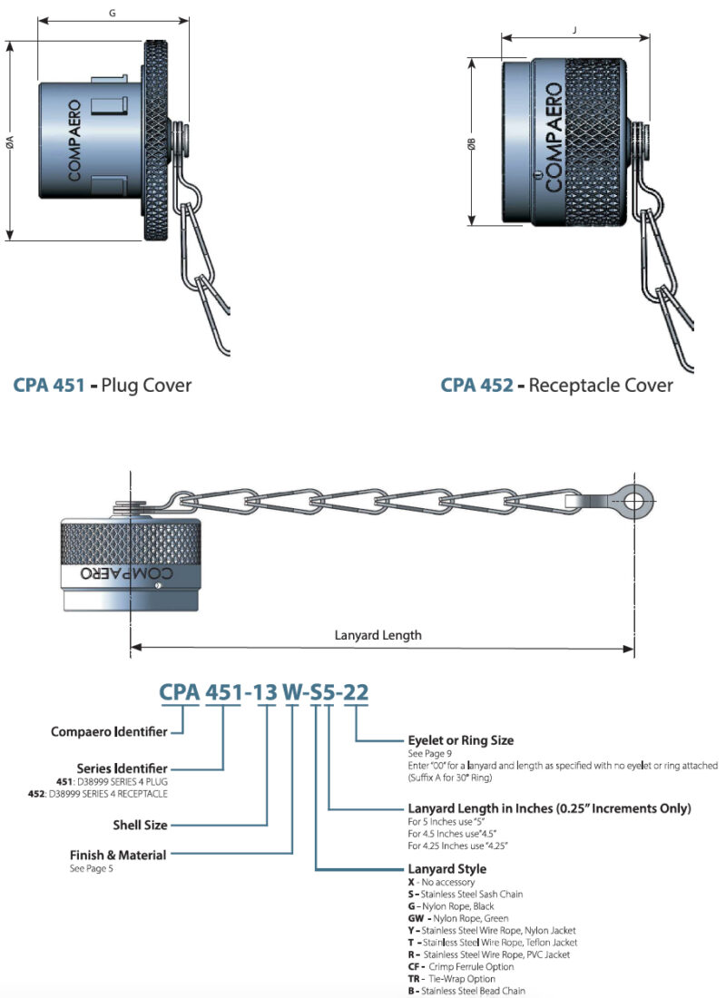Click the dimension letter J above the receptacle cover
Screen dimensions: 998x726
tap(575, 29)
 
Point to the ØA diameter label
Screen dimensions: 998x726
tap(9, 141)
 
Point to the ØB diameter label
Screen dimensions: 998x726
tap(471, 145)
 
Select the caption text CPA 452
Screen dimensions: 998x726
tap(477, 385)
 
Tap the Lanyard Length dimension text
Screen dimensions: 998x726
tap(378, 635)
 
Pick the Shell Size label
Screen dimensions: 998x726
tap(138, 825)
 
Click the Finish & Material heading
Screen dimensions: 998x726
tap(118, 855)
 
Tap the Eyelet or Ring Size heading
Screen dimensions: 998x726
tap(462, 740)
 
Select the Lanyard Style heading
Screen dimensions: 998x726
tap(447, 869)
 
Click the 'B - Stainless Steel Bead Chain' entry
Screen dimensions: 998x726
tap(467, 991)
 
